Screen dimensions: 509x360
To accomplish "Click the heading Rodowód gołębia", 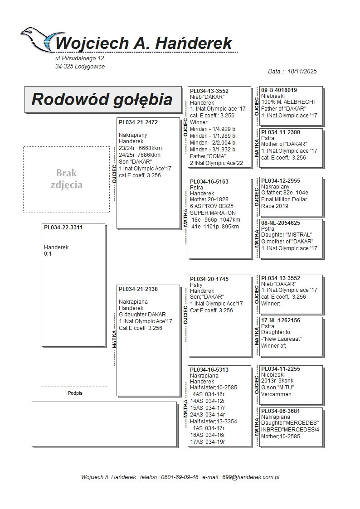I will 102,99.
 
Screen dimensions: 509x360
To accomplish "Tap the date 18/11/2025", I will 302,71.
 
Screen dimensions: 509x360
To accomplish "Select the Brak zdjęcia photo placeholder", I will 66,179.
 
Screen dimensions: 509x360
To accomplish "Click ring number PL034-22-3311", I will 63,228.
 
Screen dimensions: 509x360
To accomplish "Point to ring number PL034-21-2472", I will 138,122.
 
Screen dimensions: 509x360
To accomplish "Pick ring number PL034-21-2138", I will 138,289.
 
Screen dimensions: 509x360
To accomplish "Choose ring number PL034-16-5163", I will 209,181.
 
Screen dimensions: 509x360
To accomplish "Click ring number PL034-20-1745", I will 209,279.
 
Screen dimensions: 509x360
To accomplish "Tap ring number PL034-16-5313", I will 209,370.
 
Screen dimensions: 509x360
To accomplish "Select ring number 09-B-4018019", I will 279,90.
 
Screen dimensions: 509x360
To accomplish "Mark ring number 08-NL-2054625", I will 280,223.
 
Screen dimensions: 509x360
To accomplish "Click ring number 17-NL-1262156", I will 280,320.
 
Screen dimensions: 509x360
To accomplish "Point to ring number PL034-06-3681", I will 280,411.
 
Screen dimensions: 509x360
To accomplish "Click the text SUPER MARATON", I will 213,213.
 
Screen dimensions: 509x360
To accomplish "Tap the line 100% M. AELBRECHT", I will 289,102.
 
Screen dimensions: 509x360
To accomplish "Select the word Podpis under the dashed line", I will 75,393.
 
